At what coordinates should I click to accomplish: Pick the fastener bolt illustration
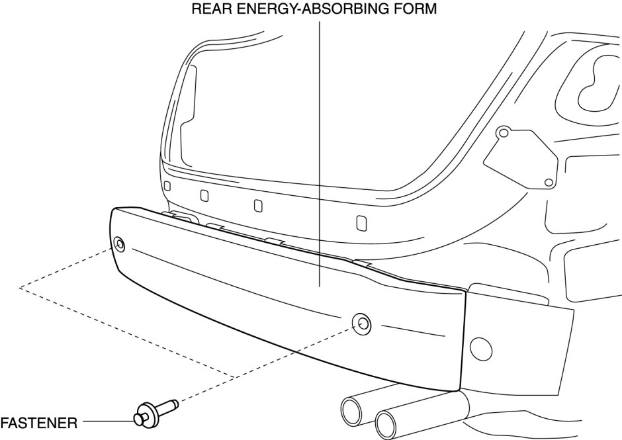[x=154, y=412]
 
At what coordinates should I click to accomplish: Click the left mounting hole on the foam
[x=119, y=243]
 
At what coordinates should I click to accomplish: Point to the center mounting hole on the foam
[x=362, y=324]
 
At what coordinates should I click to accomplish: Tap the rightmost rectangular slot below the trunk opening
[x=361, y=222]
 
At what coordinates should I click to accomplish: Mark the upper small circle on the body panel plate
[x=503, y=134]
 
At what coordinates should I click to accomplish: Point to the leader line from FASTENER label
[x=107, y=421]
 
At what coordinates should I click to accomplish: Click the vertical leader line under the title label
[x=320, y=152]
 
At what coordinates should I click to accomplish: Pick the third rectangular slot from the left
[x=258, y=205]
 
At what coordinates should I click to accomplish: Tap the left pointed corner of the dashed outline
[x=21, y=287]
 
